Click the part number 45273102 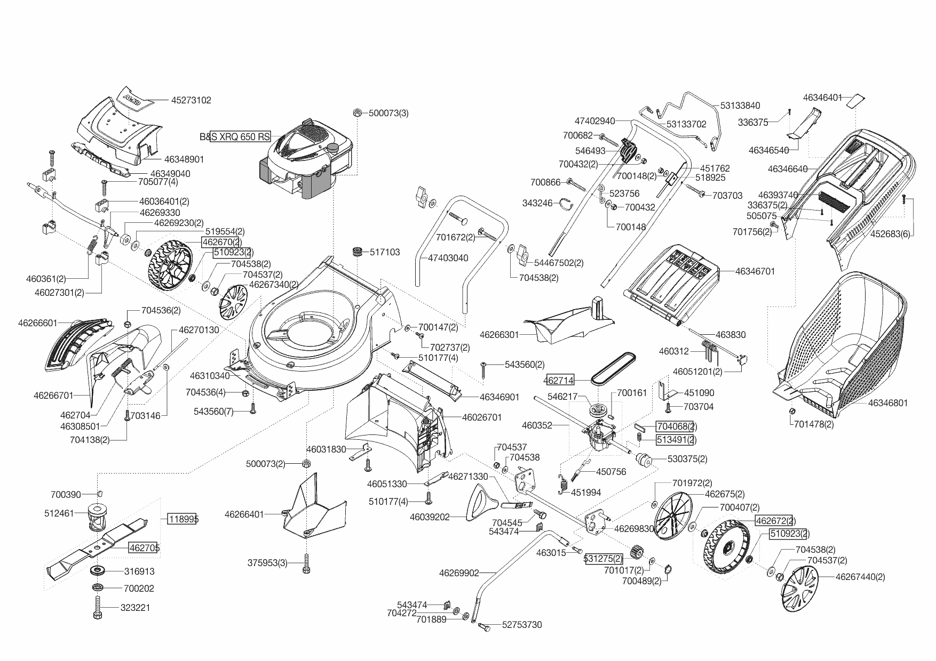click(191, 100)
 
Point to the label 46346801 click(887, 403)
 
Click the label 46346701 click(755, 271)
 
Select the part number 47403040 click(448, 258)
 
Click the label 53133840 click(740, 106)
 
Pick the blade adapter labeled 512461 click(97, 515)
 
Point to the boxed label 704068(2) click(676, 426)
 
